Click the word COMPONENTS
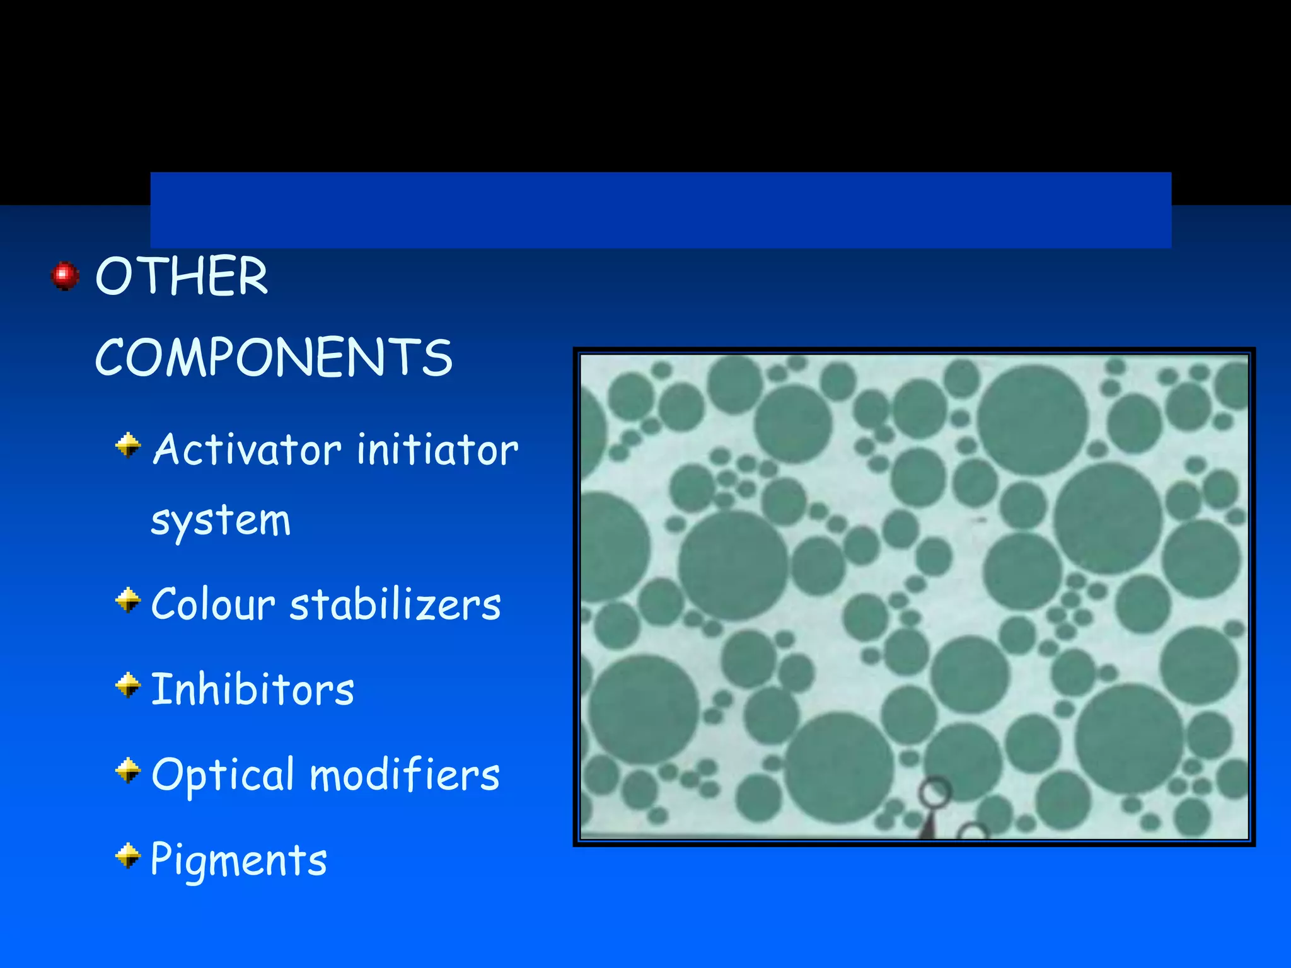click(274, 357)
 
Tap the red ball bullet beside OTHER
click(65, 276)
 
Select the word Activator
click(247, 450)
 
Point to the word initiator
click(437, 450)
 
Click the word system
click(221, 522)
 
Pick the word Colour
click(213, 604)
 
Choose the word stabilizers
click(395, 604)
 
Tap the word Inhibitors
click(252, 689)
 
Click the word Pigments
click(239, 860)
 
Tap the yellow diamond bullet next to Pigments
click(128, 856)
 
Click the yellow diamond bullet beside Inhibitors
click(128, 685)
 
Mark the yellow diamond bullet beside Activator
click(128, 446)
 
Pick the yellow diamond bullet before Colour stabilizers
click(128, 600)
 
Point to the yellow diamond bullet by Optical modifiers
click(128, 770)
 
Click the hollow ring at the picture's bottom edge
click(935, 792)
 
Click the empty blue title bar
click(661, 210)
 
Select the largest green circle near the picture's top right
click(1032, 419)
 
